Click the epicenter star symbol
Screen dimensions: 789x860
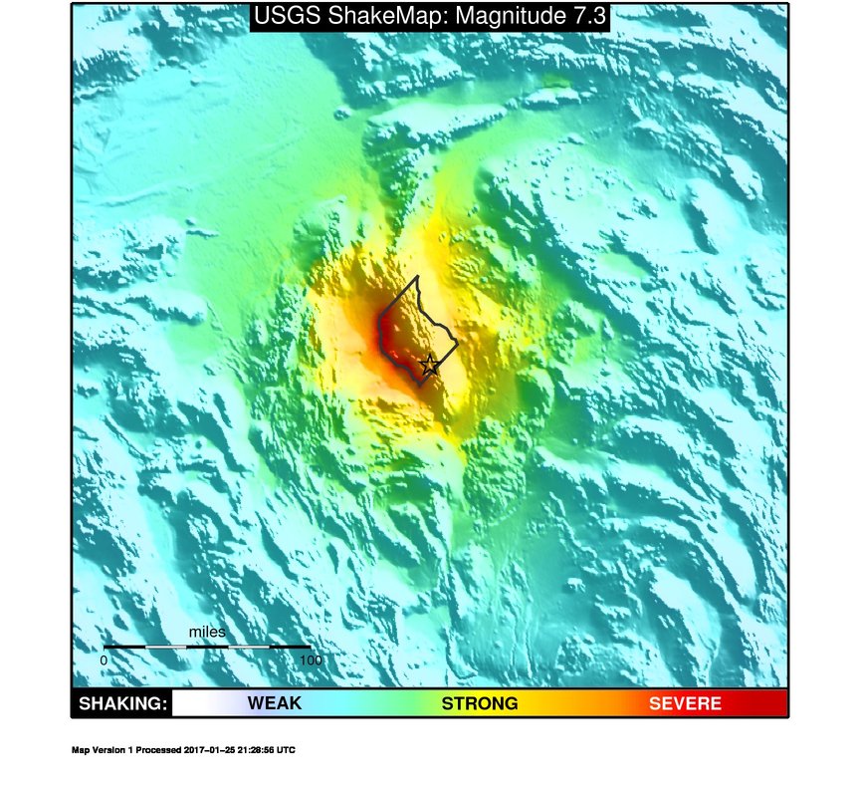429,365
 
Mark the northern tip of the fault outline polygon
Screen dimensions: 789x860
418,276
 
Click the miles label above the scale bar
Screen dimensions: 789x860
207,632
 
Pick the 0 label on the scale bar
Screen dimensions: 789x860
105,659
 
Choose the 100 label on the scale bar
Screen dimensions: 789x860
310,659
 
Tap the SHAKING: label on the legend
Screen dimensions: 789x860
121,703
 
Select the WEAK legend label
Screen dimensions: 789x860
274,703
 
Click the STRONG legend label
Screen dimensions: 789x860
480,703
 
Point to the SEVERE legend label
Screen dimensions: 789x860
685,703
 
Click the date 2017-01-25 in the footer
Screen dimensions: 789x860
213,750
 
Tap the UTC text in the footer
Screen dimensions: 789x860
287,750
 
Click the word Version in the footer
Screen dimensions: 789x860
107,750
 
